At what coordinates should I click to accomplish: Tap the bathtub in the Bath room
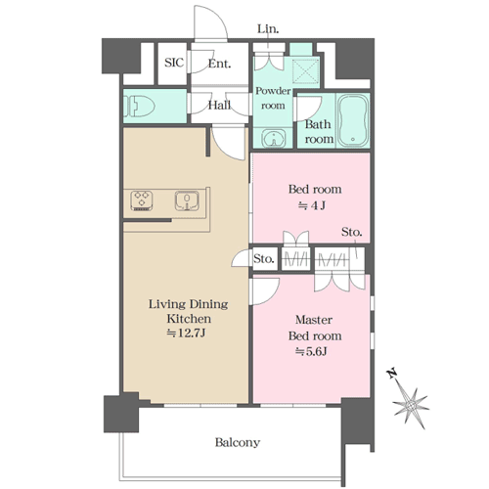pyautogui.click(x=353, y=120)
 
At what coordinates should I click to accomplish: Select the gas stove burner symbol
pyautogui.click(x=142, y=200)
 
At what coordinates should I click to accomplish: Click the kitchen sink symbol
pyautogui.click(x=187, y=200)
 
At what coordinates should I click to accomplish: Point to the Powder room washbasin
pyautogui.click(x=274, y=139)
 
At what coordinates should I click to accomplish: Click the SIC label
pyautogui.click(x=174, y=63)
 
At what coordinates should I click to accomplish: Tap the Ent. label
pyautogui.click(x=219, y=64)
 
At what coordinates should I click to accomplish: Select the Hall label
pyautogui.click(x=219, y=105)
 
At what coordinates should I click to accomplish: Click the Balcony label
pyautogui.click(x=238, y=442)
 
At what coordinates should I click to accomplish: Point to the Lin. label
pyautogui.click(x=268, y=28)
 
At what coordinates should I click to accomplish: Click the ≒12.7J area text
pyautogui.click(x=186, y=333)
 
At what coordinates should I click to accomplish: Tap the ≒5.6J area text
pyautogui.click(x=311, y=351)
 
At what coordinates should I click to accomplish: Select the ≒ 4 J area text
pyautogui.click(x=312, y=205)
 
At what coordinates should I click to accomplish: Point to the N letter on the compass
pyautogui.click(x=392, y=373)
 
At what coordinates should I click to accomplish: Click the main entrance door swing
pyautogui.click(x=210, y=22)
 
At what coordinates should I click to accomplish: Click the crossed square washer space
pyautogui.click(x=305, y=72)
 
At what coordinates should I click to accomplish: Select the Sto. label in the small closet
pyautogui.click(x=264, y=259)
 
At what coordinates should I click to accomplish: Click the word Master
pyautogui.click(x=314, y=320)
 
